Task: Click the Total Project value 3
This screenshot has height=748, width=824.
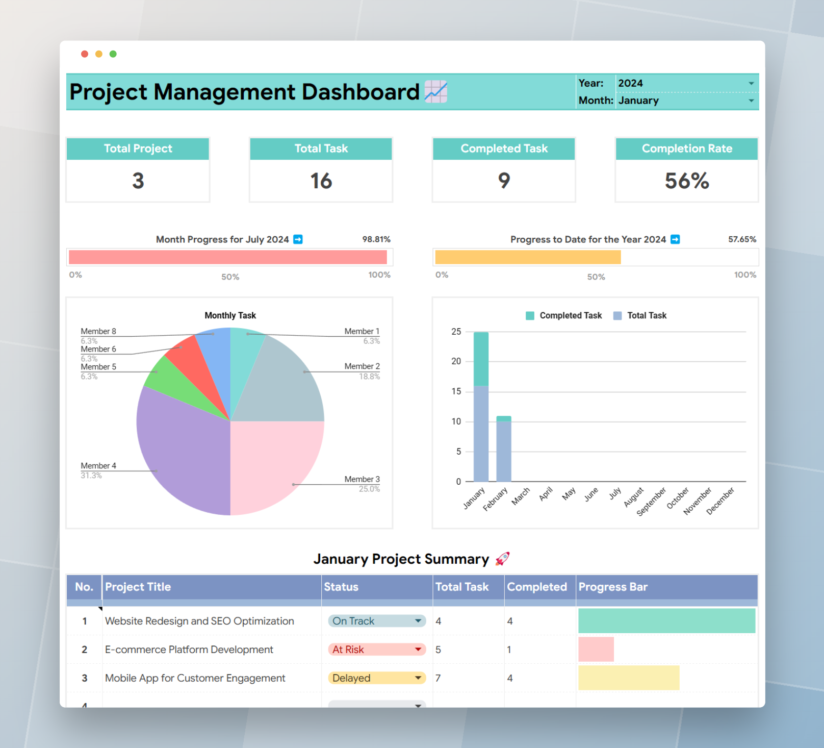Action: (x=138, y=181)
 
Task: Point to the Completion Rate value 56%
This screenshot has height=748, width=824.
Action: (x=686, y=181)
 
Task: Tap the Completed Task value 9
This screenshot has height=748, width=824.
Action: (x=504, y=181)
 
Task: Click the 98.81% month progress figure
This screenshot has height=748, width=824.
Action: (x=376, y=239)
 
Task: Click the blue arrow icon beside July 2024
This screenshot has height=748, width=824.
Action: (x=298, y=239)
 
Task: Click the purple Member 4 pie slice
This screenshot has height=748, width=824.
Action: (x=184, y=449)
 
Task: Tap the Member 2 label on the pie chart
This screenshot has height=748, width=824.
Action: (x=362, y=366)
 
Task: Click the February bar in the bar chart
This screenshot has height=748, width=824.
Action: (x=504, y=449)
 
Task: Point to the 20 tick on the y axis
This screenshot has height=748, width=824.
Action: (x=456, y=361)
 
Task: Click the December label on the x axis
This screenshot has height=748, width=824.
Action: (x=720, y=501)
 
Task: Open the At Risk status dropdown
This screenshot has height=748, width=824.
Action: (x=376, y=650)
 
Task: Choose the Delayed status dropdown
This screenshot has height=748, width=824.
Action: (x=376, y=678)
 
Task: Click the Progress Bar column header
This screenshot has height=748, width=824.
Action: (x=613, y=587)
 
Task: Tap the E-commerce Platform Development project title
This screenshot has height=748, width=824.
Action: (x=189, y=650)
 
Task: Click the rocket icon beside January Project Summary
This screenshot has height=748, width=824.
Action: (x=502, y=559)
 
